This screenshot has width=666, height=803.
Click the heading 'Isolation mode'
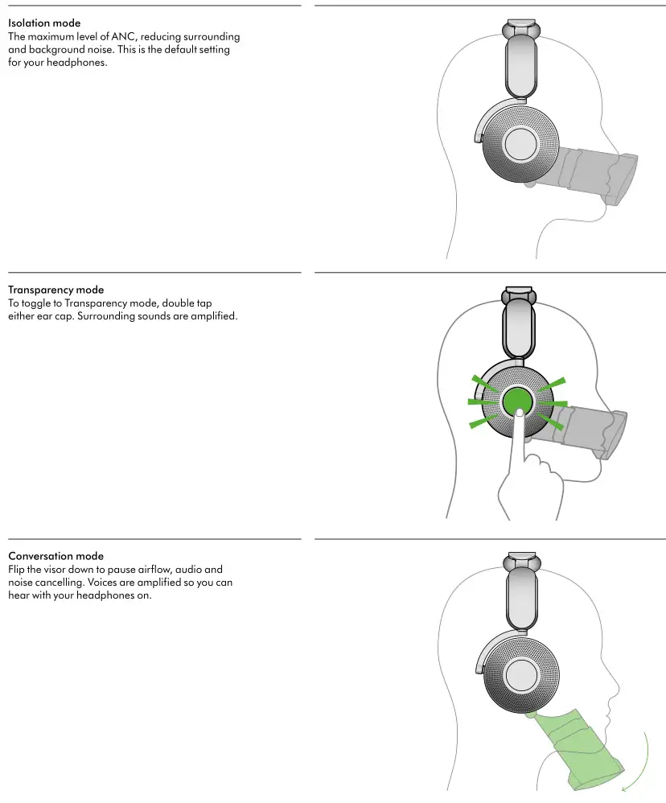pyautogui.click(x=43, y=23)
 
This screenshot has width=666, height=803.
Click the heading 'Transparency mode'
pyautogui.click(x=55, y=290)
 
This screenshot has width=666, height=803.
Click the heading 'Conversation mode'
pyautogui.click(x=55, y=556)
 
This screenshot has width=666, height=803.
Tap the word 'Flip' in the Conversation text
pyautogui.click(x=17, y=569)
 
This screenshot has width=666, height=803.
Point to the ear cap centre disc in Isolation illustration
pyautogui.click(x=520, y=145)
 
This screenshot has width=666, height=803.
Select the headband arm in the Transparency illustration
pyautogui.click(x=519, y=330)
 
